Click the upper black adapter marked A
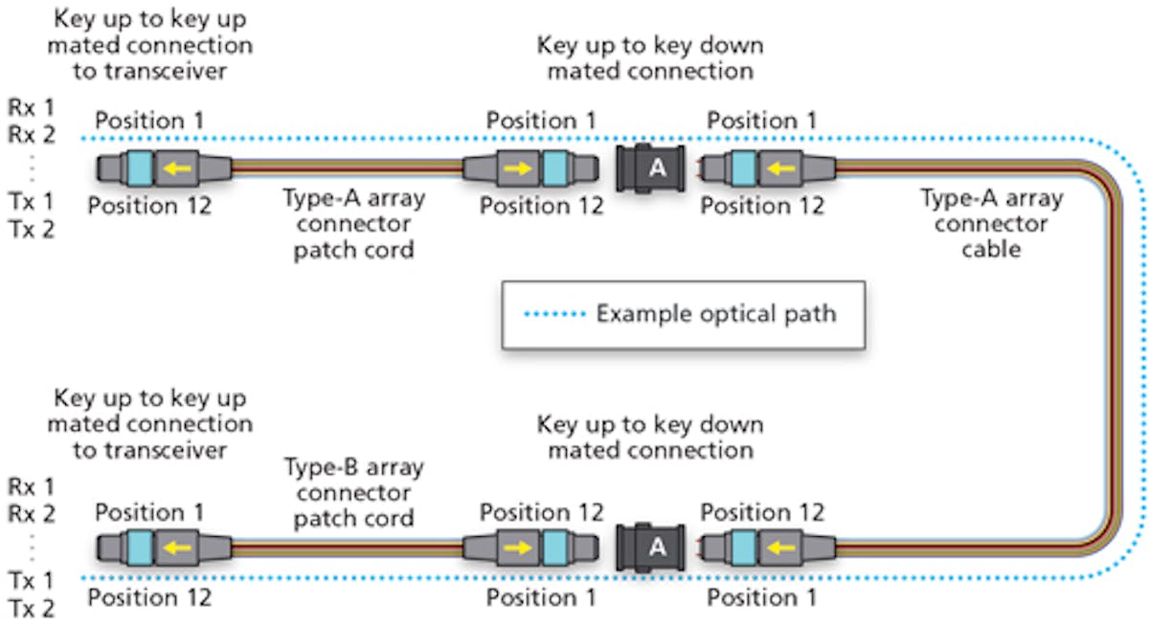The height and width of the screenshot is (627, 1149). coord(656,168)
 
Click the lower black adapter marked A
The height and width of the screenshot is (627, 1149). coord(656,549)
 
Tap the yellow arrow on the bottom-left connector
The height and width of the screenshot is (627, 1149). coord(172,549)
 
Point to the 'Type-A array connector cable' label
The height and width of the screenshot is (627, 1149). coord(991,224)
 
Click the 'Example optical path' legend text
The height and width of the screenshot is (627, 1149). coord(715,314)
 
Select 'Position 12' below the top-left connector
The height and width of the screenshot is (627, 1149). coord(148,205)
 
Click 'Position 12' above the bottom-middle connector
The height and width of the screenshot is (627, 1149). coord(541,512)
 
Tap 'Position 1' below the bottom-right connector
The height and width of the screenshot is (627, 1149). coord(761,597)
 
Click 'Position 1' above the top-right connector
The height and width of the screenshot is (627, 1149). coord(761,121)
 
